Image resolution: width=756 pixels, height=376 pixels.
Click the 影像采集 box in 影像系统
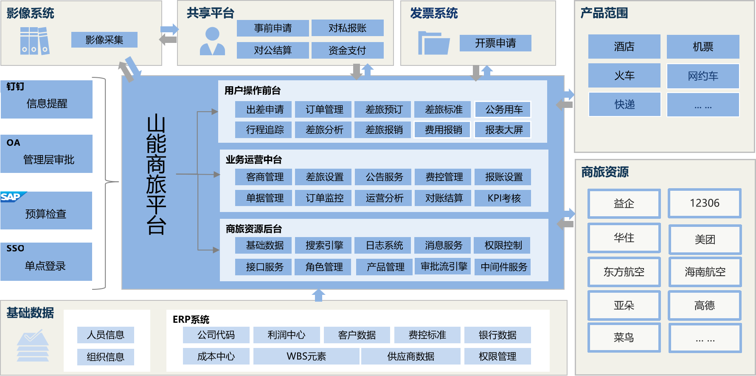104,40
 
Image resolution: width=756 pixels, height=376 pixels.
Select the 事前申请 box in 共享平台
273,28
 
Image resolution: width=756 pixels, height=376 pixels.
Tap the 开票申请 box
495,43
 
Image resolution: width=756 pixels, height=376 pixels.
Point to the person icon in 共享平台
212,41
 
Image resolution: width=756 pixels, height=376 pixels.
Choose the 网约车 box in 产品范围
703,76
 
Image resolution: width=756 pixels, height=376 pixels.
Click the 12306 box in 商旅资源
704,203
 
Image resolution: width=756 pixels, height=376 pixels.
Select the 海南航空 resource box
705,272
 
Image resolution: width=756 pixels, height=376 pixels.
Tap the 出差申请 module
264,110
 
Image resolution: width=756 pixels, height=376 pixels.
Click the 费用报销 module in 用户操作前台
443,130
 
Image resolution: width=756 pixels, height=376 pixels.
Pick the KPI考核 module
503,198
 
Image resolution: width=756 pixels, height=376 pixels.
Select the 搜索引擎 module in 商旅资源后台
324,246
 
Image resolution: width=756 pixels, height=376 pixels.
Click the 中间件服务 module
503,267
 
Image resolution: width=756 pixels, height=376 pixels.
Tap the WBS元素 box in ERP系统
306,356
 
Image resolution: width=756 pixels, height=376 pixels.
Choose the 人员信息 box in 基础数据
105,335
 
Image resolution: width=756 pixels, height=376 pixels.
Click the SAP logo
13,197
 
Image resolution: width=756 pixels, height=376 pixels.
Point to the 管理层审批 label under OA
48,160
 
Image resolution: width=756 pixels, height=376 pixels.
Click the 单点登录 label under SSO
45,266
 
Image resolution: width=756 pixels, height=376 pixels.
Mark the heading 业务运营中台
253,160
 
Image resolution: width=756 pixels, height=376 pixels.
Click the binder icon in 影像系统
35,41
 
